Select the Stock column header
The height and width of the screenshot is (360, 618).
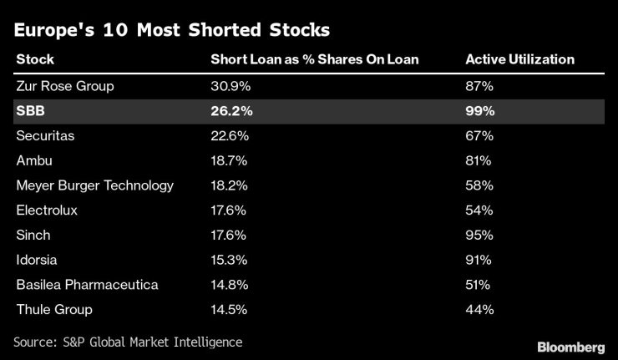(35, 59)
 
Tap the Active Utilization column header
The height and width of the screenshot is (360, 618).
(519, 59)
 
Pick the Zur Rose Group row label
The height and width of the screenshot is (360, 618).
(65, 85)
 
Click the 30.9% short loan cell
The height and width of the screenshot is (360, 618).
(230, 85)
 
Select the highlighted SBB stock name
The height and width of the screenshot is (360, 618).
(30, 110)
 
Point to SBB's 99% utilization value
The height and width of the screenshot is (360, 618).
(480, 110)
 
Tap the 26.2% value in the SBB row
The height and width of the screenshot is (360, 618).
(231, 110)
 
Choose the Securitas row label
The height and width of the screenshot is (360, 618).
(45, 135)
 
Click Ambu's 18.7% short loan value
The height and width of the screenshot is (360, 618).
(230, 160)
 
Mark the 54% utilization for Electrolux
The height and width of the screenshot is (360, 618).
(479, 210)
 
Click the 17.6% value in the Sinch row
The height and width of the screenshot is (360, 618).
(230, 235)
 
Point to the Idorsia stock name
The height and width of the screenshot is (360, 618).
(38, 260)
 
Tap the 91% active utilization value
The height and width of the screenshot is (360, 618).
(479, 260)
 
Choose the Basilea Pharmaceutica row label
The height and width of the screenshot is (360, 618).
(87, 285)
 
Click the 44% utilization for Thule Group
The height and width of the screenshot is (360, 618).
(479, 310)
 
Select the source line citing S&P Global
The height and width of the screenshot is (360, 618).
(128, 342)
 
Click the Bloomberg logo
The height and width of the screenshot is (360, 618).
(571, 346)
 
